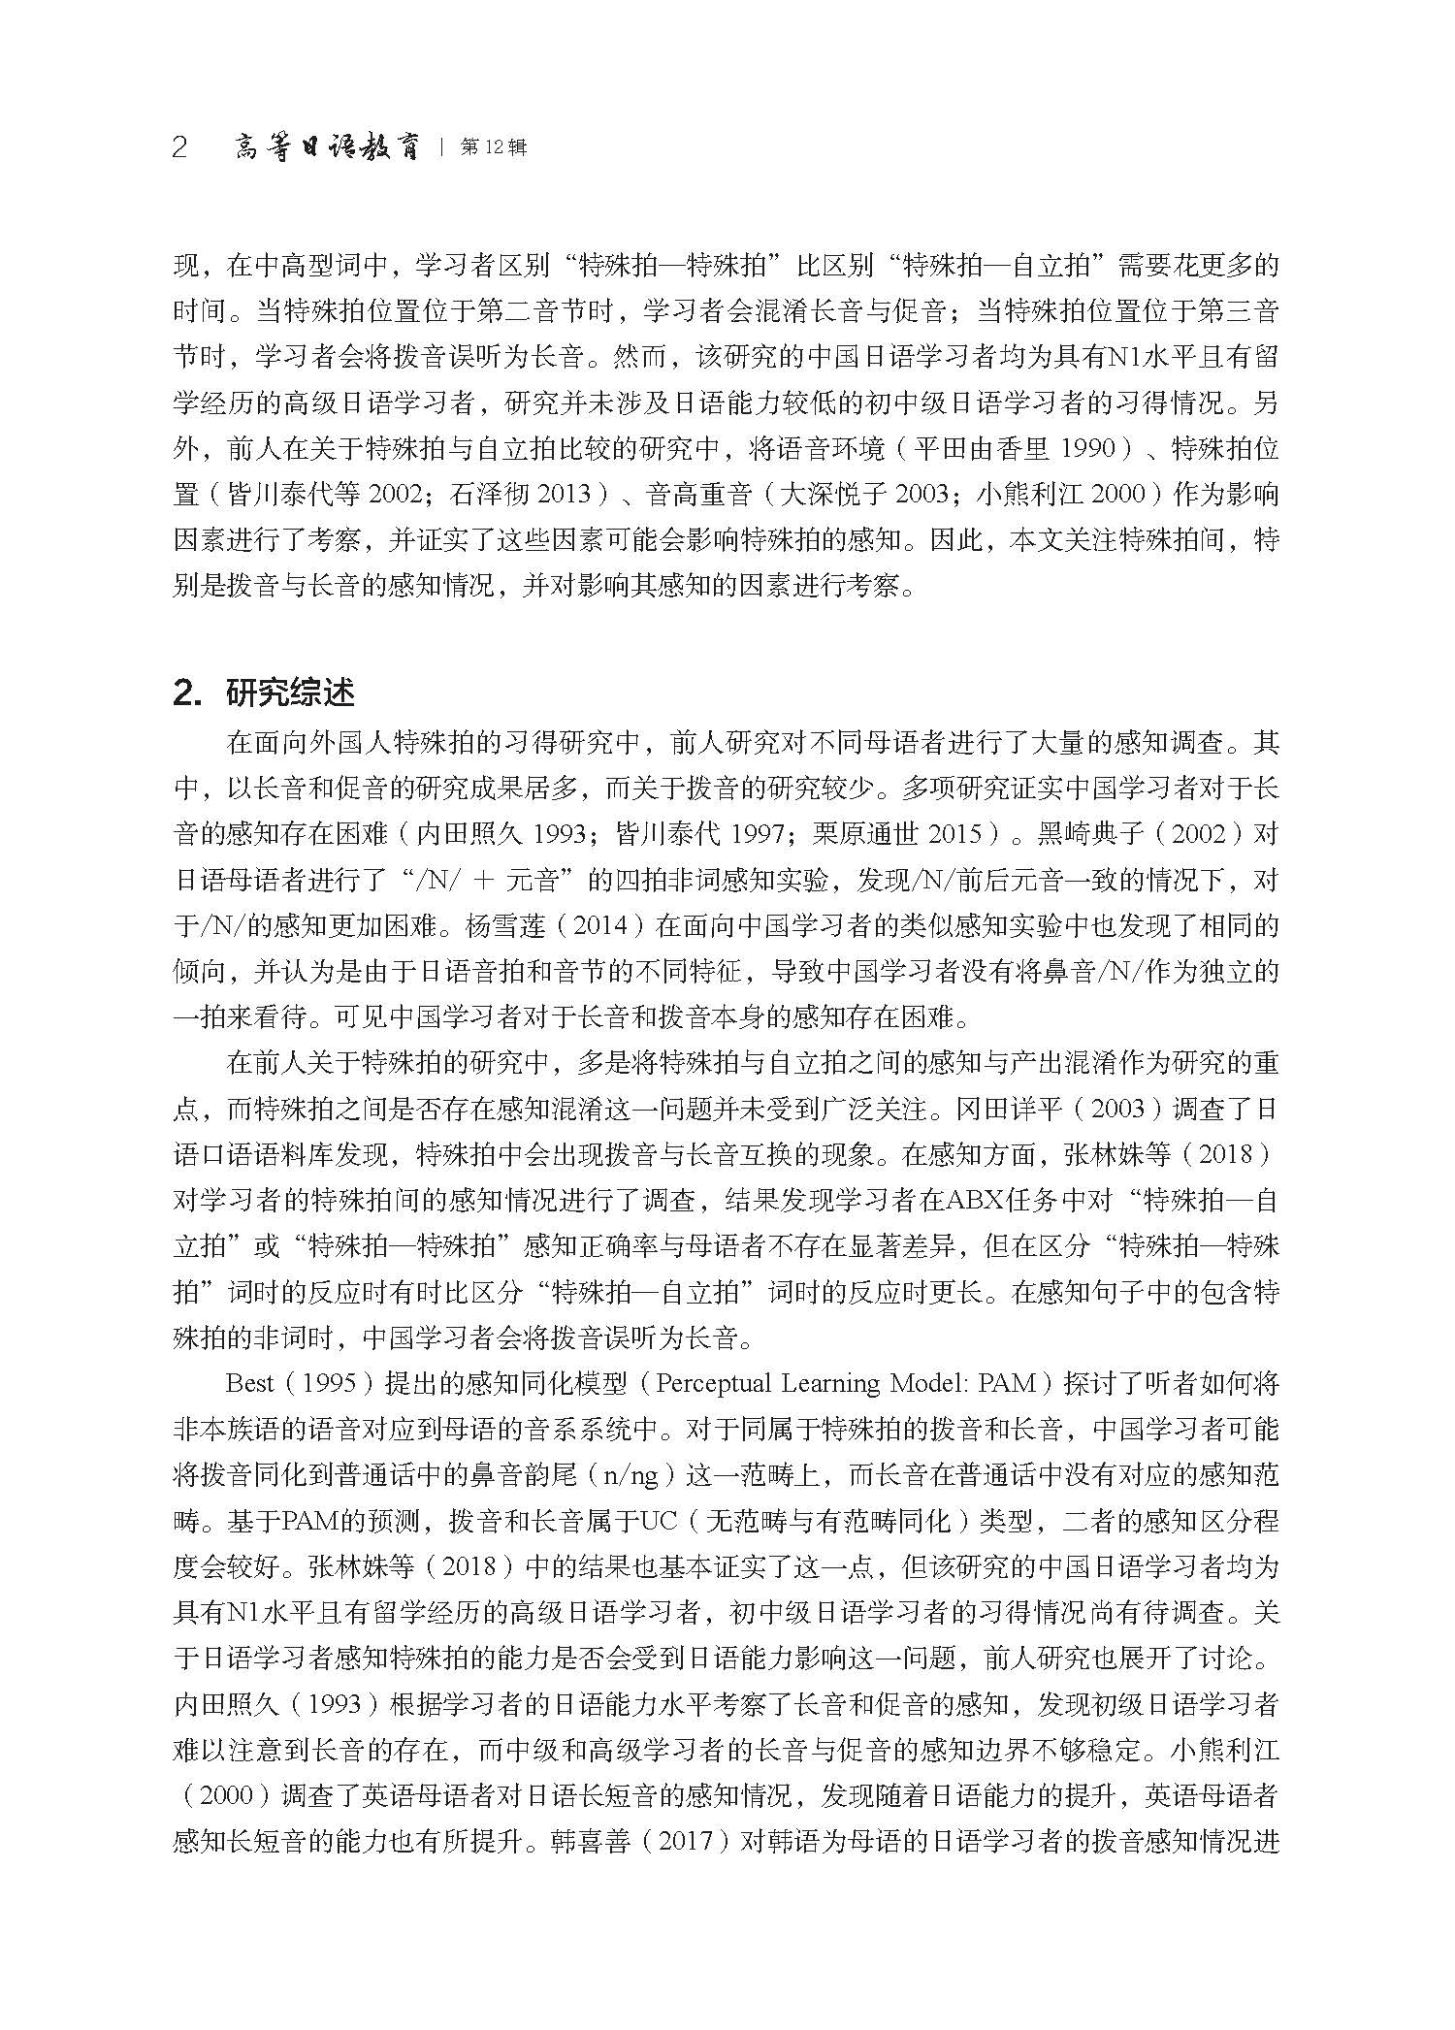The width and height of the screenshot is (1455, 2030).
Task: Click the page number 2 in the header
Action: [x=179, y=148]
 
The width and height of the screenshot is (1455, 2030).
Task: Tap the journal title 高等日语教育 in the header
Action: [x=328, y=148]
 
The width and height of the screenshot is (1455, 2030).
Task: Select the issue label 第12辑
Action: [x=494, y=148]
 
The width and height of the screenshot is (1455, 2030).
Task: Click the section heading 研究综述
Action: [x=290, y=693]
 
